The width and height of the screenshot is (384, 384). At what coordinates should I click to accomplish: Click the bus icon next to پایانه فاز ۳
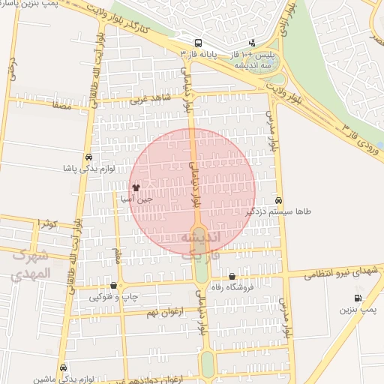coord(197,43)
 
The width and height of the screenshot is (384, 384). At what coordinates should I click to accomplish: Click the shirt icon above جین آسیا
coord(136,187)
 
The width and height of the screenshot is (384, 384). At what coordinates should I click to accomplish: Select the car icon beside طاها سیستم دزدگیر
coord(279,201)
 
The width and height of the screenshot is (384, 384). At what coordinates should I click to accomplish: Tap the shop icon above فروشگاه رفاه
coord(232,276)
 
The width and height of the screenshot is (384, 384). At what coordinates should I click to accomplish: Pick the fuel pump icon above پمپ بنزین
coord(357,298)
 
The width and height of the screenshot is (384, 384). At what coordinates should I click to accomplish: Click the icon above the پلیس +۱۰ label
coord(252,43)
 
